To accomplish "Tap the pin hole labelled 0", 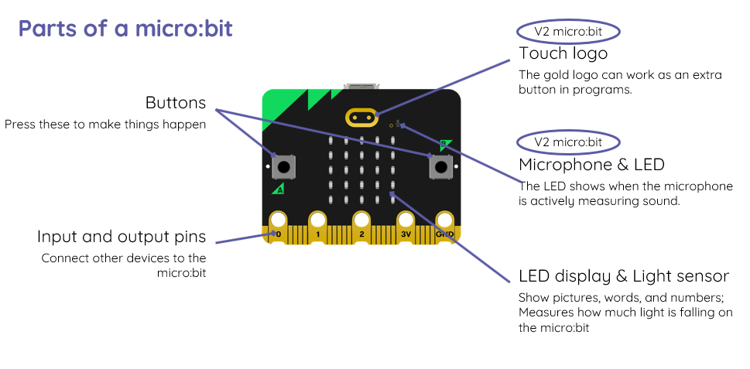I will (x=277, y=221).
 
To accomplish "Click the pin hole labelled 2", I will (x=361, y=221).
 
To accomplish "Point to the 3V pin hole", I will (x=404, y=221).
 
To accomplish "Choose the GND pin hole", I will (x=445, y=221).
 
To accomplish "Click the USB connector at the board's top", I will (x=361, y=86).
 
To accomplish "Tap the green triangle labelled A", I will (x=279, y=188).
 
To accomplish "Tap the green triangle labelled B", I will (x=444, y=143).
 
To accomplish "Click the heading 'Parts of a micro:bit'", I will (x=125, y=29).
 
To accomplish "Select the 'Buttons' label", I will (x=176, y=103).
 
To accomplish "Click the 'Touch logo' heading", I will (x=563, y=53).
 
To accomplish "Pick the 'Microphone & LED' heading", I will (x=591, y=164).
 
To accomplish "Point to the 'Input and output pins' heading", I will (x=122, y=237).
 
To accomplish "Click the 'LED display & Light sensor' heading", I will (x=624, y=276).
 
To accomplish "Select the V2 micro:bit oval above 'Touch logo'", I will (x=569, y=32).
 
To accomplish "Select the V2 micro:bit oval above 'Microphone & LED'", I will (x=569, y=142).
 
